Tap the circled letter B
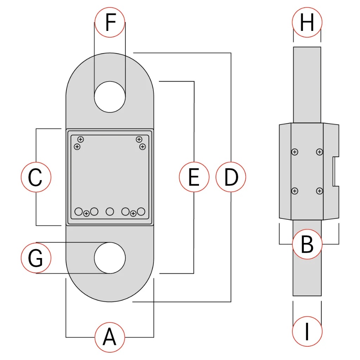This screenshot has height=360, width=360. click(x=307, y=244)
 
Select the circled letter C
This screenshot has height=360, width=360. click(x=36, y=177)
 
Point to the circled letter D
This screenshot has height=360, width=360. click(x=231, y=177)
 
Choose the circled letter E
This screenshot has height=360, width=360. click(x=194, y=177)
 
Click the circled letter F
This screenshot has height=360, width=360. click(x=110, y=22)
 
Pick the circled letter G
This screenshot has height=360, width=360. click(x=36, y=258)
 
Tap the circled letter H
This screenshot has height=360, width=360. click(x=307, y=22)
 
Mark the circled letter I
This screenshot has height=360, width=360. click(x=307, y=330)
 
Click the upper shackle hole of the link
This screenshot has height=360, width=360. click(x=110, y=96)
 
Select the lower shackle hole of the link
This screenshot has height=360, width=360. click(x=110, y=258)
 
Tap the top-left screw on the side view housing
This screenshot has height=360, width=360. click(x=295, y=152)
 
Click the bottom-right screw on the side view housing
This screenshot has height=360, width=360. click(x=319, y=191)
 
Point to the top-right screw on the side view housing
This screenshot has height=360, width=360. click(x=319, y=152)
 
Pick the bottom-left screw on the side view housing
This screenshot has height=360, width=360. click(x=295, y=191)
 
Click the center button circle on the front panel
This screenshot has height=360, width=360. click(x=110, y=211)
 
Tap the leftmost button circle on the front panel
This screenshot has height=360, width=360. click(x=79, y=211)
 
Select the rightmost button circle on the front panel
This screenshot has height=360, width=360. click(x=141, y=211)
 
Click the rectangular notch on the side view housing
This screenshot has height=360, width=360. click(x=335, y=172)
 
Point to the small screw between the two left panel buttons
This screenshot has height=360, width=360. click(x=86, y=213)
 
